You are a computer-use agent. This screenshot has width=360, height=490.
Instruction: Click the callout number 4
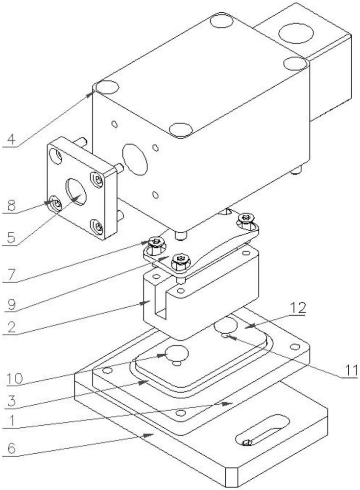click(11, 139)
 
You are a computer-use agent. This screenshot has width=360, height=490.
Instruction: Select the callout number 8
click(12, 206)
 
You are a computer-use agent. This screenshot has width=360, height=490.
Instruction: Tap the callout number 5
click(11, 238)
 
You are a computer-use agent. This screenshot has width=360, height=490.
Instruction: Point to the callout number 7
click(11, 275)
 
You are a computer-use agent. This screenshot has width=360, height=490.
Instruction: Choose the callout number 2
click(12, 327)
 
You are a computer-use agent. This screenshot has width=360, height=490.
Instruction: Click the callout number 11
click(350, 370)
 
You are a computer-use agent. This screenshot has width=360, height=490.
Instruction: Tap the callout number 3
click(12, 401)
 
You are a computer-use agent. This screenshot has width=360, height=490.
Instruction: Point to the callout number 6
click(12, 449)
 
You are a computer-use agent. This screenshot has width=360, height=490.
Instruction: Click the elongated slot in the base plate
click(263, 430)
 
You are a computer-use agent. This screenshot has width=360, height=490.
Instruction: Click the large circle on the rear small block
click(296, 33)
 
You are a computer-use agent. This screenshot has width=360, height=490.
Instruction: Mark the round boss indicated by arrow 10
click(177, 353)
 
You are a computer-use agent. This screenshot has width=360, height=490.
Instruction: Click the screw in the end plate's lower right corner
click(97, 226)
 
